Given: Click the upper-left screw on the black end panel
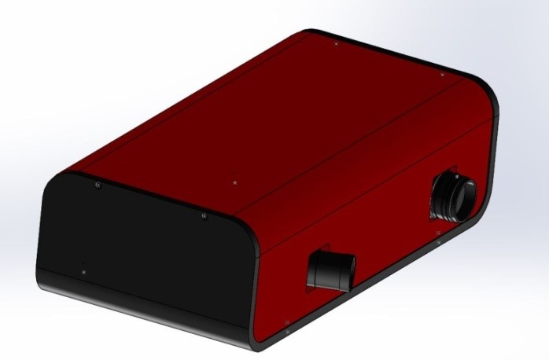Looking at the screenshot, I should pos(97,186).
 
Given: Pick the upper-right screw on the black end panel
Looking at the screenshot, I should pos(204,216).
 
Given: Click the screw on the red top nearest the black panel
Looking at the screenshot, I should pos(235,182).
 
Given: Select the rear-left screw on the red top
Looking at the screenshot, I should pos(336,44).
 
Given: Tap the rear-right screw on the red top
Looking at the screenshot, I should pos(442,75).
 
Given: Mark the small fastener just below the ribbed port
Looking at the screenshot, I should pos(438,233).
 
